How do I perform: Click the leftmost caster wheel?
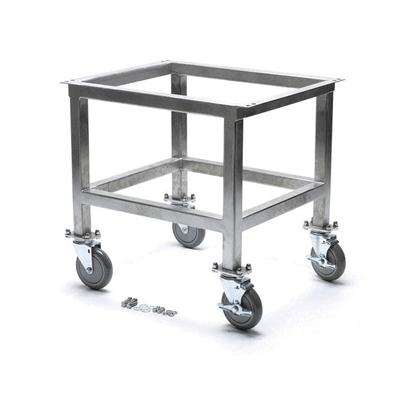point(94,268)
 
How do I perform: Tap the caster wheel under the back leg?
point(189,234)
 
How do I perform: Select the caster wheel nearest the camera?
point(242,309)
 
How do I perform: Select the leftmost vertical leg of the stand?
point(80,165)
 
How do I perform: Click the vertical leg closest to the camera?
point(232,191)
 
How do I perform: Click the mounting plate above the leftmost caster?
point(82,234)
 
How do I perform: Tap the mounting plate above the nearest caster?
point(232,268)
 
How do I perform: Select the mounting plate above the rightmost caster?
point(320,224)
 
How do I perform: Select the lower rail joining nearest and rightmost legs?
point(283,204)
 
